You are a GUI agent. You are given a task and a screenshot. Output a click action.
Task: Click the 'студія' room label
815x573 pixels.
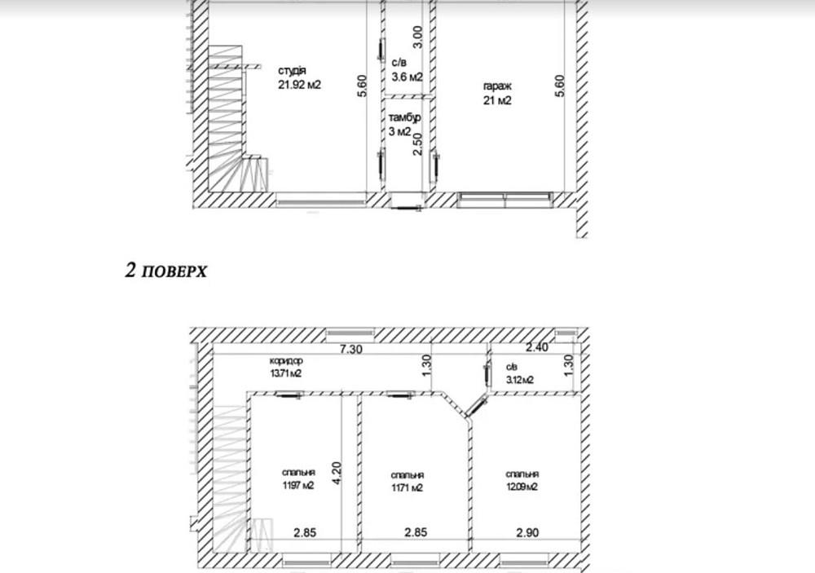click(292, 71)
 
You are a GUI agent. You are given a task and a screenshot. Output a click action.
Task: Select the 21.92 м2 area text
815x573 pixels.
click(299, 85)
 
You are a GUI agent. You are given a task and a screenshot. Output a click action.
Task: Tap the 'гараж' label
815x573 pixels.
click(497, 87)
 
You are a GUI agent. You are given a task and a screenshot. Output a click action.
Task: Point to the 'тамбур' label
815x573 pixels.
click(405, 117)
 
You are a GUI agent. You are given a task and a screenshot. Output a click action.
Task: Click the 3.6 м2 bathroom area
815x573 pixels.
click(407, 77)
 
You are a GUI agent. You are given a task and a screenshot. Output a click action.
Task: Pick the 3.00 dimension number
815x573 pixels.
click(418, 37)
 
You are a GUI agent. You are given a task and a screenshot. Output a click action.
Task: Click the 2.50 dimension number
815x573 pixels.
click(418, 144)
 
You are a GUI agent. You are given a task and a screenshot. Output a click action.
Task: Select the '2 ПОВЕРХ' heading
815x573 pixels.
click(165, 271)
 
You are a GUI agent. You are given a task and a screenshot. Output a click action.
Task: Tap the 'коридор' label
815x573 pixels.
click(286, 360)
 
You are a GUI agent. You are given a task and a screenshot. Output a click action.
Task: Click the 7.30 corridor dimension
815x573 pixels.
click(350, 349)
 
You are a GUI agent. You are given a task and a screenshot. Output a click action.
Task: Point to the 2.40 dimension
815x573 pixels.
click(537, 347)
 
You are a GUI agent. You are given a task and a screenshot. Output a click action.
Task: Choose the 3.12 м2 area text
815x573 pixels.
click(520, 380)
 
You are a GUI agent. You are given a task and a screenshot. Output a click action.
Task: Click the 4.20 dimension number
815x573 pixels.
click(337, 474)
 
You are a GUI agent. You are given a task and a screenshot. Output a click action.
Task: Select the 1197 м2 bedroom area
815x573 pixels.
click(297, 486)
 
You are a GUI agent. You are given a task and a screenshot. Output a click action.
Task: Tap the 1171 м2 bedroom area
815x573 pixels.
click(407, 487)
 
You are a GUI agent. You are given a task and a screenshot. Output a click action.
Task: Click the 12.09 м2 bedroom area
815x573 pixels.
click(522, 487)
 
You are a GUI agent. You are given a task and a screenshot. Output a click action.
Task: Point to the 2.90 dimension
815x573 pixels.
click(527, 532)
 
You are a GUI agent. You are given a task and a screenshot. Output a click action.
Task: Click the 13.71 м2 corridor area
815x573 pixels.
click(286, 372)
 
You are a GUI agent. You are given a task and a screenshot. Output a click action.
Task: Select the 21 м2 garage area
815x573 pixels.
click(497, 100)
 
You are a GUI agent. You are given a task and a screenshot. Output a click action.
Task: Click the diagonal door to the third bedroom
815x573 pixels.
click(475, 407)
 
